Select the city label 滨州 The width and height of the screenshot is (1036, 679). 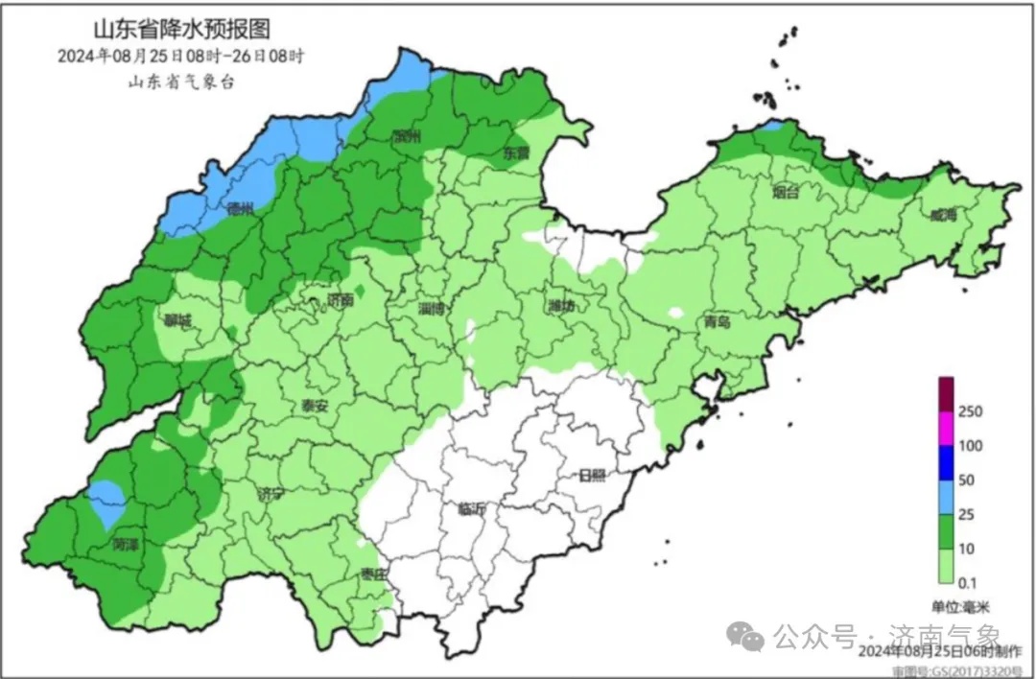point(407,137)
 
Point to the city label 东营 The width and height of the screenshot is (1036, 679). point(516,153)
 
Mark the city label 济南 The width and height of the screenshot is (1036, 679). point(340,300)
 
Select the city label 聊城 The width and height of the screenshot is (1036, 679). point(177,321)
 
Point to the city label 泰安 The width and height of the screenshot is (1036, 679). point(315,406)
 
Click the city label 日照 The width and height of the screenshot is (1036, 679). point(592,476)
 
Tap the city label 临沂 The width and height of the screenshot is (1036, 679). point(473,509)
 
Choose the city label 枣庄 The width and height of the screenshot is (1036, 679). point(373,574)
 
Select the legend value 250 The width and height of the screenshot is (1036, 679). point(970,411)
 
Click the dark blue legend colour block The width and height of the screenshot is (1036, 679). point(946,462)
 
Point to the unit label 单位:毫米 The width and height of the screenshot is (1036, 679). point(963,606)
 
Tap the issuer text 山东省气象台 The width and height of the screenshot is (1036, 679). point(181,81)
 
